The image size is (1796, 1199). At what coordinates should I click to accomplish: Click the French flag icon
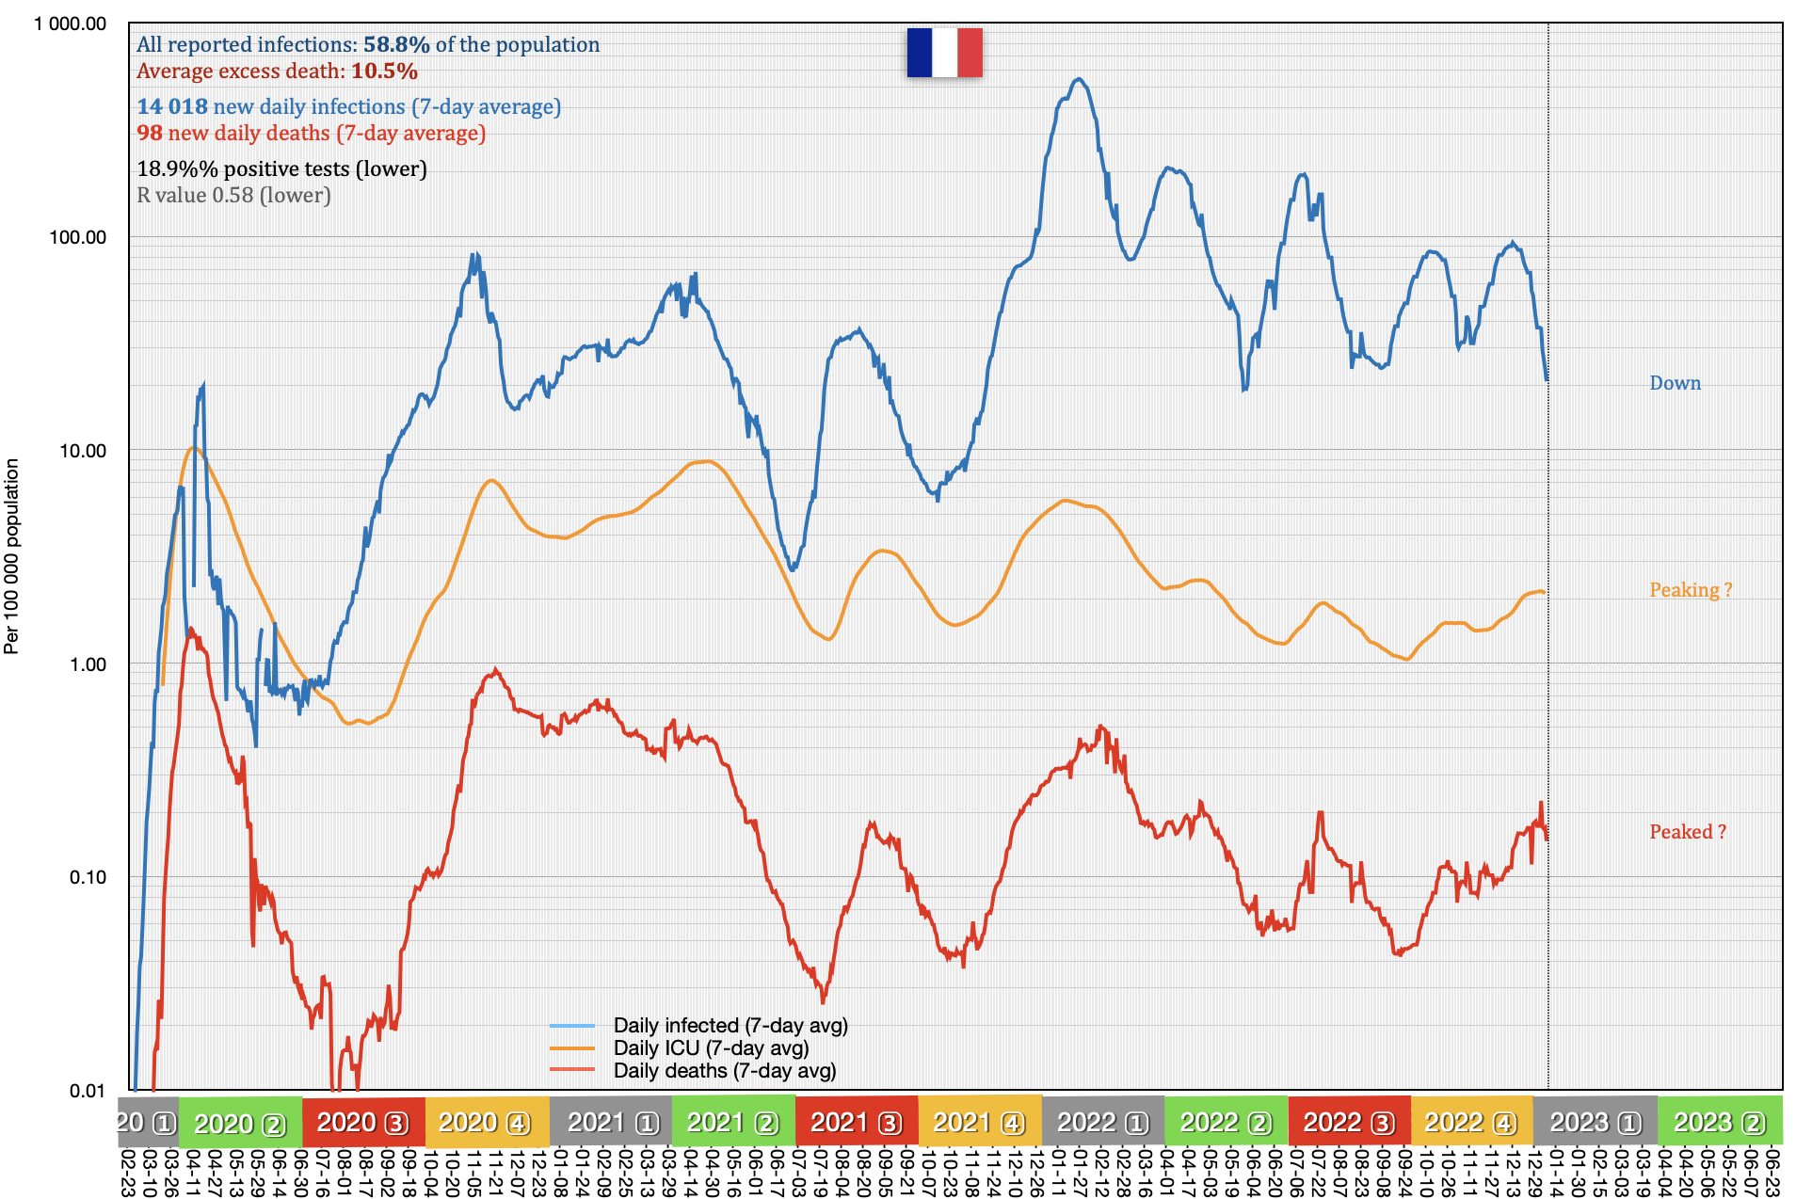click(x=944, y=53)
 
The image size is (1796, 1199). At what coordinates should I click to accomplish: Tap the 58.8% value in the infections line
click(x=396, y=44)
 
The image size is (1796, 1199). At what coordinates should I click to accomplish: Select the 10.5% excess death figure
click(x=384, y=71)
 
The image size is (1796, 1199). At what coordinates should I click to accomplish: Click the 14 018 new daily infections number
click(x=172, y=106)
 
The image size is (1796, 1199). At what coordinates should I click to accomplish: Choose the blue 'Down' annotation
click(x=1675, y=383)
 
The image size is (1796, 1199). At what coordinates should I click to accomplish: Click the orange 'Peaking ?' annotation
click(x=1690, y=590)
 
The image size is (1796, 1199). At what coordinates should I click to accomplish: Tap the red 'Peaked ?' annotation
click(x=1687, y=832)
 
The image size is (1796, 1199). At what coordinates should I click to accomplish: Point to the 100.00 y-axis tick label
click(x=78, y=237)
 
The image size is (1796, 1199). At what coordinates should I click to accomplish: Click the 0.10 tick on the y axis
click(x=88, y=877)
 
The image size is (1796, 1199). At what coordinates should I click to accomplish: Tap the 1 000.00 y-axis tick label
click(x=71, y=24)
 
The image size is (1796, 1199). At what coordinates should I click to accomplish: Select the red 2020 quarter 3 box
click(x=363, y=1122)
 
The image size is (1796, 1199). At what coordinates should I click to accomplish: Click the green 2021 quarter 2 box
click(x=732, y=1122)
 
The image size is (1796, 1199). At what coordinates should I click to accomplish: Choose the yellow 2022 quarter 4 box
click(x=1471, y=1122)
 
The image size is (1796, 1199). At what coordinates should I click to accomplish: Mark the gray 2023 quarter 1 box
click(x=1596, y=1122)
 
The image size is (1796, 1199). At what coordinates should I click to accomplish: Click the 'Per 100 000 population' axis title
click(x=11, y=555)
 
